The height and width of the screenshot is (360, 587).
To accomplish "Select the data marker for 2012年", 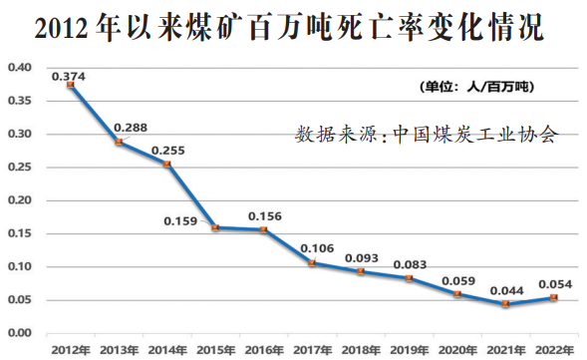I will click(x=71, y=86).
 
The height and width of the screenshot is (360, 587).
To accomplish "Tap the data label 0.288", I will click(x=130, y=128).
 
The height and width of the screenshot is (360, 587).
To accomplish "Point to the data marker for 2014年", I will click(x=166, y=164).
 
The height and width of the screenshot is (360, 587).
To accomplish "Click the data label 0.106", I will click(x=316, y=247).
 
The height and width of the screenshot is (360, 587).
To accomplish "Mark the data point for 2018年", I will click(x=360, y=271).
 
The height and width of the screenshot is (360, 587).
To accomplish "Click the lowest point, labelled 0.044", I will click(x=505, y=304).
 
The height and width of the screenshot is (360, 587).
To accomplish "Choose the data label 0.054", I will click(x=552, y=282).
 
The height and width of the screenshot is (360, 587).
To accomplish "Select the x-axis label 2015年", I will click(x=215, y=350).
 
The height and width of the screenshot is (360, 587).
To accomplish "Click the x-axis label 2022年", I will click(x=552, y=350).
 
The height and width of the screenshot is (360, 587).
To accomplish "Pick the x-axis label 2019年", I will click(x=408, y=350).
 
